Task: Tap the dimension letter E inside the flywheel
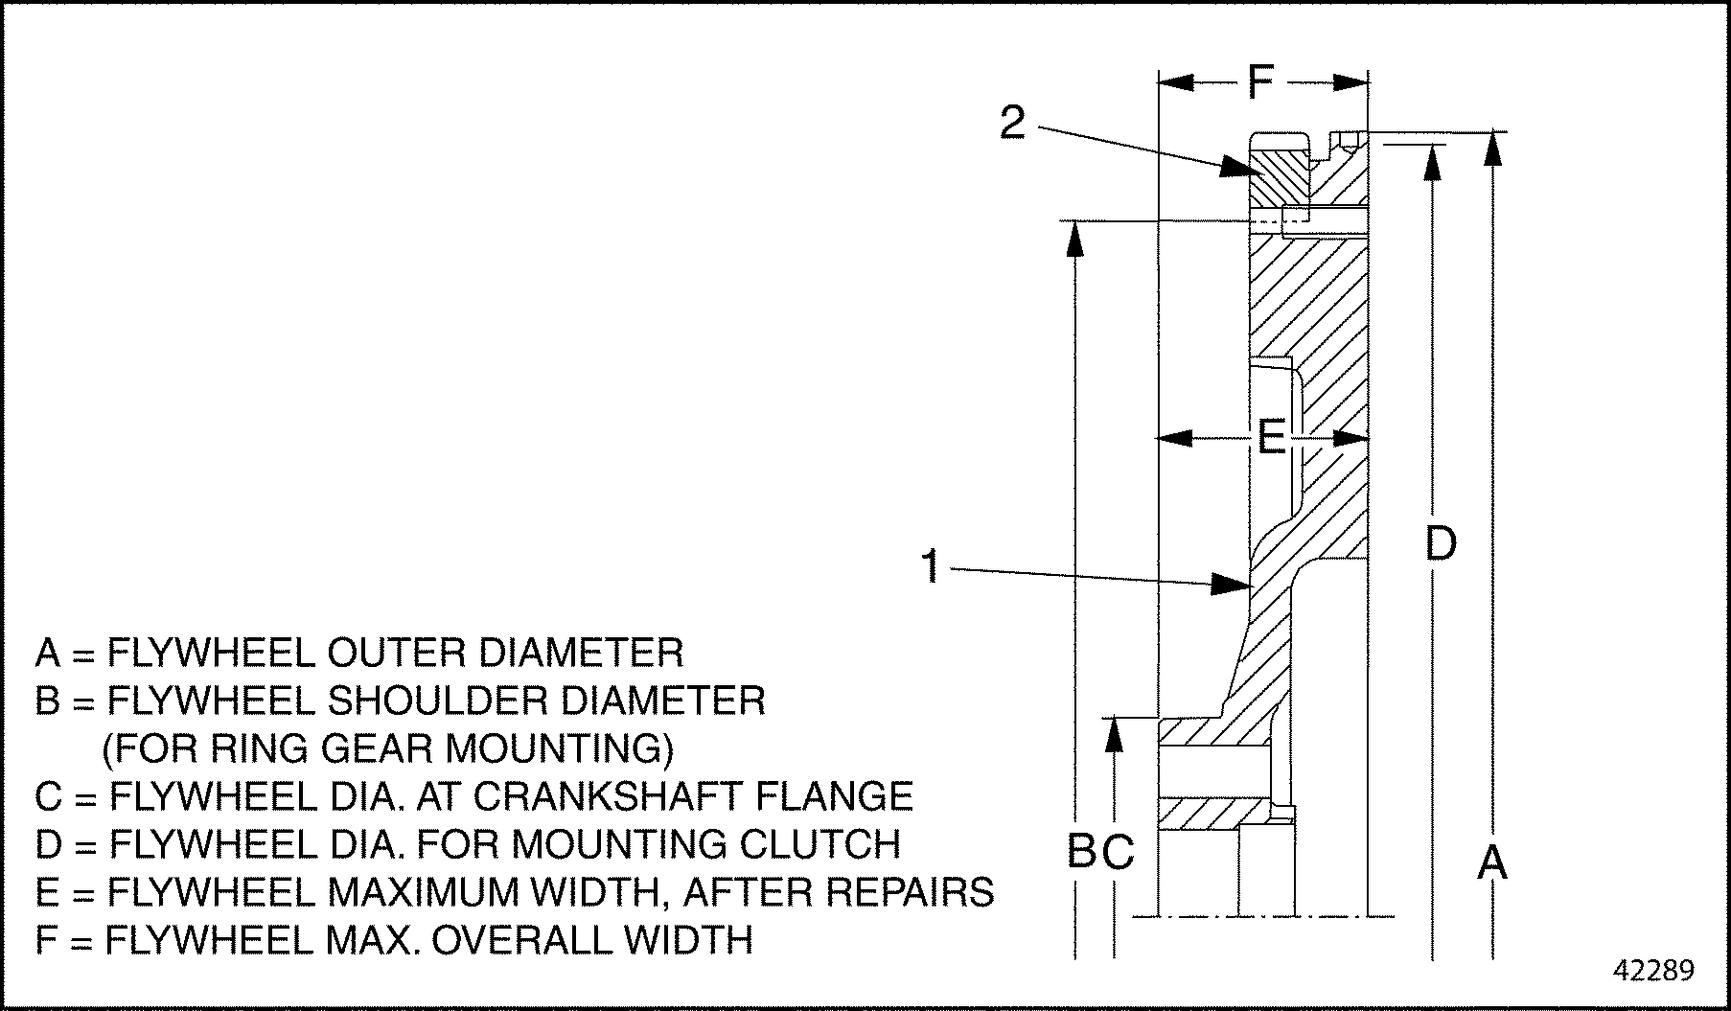(1271, 440)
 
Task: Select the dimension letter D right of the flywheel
(1441, 543)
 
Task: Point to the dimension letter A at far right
(1491, 862)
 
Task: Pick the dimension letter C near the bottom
(1118, 851)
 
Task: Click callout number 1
(931, 566)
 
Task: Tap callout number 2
(1012, 123)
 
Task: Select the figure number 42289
(1654, 971)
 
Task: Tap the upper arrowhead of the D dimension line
(1433, 164)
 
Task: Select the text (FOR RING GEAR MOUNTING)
(388, 748)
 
